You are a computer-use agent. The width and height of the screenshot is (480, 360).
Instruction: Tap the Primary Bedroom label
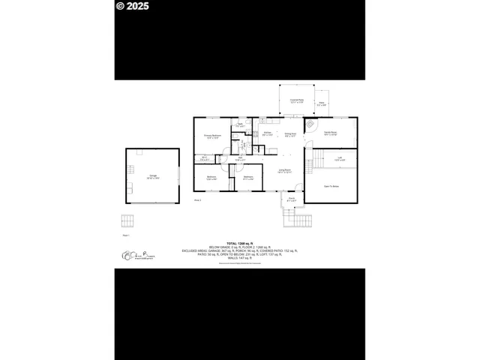pyautogui.click(x=211, y=136)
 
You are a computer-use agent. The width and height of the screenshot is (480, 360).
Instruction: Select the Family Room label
pyautogui.click(x=329, y=133)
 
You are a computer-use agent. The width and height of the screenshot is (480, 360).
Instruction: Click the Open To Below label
pyautogui.click(x=331, y=184)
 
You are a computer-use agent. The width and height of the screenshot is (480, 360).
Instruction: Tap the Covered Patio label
pyautogui.click(x=296, y=100)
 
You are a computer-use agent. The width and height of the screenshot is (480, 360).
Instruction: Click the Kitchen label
pyautogui.click(x=266, y=133)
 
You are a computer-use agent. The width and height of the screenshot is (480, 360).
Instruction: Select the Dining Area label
pyautogui.click(x=289, y=134)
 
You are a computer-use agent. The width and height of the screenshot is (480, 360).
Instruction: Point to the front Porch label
pyautogui.click(x=292, y=200)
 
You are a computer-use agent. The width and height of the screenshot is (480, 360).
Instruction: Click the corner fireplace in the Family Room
pyautogui.click(x=308, y=124)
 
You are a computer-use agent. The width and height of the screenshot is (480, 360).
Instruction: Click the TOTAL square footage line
pyautogui.click(x=239, y=241)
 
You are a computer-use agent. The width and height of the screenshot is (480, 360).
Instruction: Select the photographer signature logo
pyautogui.click(x=132, y=258)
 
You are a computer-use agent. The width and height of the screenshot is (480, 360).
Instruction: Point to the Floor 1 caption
pyautogui.click(x=125, y=235)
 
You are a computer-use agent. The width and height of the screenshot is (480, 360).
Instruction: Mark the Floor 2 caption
pyautogui.click(x=198, y=200)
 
